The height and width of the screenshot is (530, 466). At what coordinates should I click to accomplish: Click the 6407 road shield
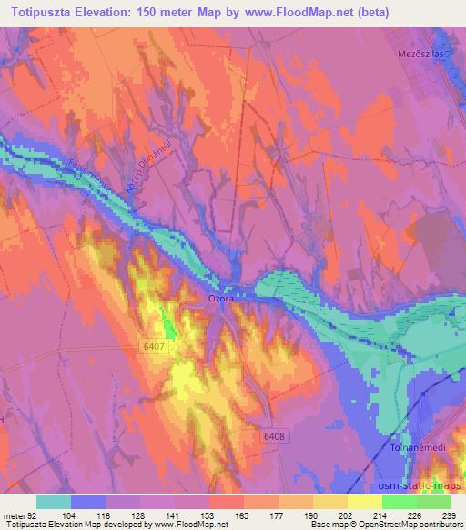point(154,347)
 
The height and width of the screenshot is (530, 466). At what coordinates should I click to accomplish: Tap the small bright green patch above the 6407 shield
point(169,322)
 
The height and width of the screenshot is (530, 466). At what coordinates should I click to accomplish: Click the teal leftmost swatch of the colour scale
point(53,501)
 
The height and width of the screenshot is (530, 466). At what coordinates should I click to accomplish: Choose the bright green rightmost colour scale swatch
point(433,501)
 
